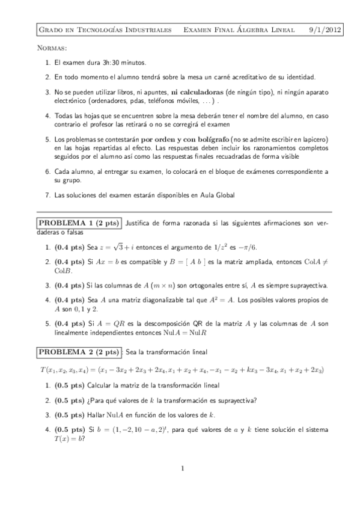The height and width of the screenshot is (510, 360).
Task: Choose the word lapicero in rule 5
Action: coord(314,139)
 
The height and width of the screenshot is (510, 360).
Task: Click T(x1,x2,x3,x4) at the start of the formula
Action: coord(62,369)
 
